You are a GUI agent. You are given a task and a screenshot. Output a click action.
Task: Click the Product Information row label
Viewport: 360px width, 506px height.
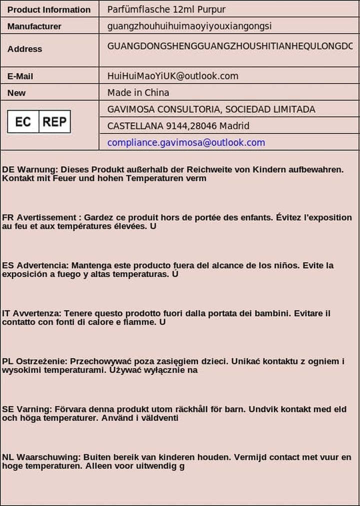click(49, 9)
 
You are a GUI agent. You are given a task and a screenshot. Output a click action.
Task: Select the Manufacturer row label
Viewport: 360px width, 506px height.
click(34, 26)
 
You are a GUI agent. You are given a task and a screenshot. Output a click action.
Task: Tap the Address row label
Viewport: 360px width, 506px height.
click(25, 49)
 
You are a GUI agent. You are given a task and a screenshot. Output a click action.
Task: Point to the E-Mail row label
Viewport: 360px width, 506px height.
click(20, 76)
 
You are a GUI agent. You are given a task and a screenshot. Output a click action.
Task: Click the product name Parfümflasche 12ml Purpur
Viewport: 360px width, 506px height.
click(166, 9)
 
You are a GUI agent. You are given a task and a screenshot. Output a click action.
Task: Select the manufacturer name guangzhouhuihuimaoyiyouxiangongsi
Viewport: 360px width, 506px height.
click(189, 26)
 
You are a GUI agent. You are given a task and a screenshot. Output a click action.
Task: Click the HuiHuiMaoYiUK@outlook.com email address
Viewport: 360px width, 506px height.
click(173, 76)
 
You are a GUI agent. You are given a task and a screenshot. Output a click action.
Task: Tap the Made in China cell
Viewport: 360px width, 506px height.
click(138, 92)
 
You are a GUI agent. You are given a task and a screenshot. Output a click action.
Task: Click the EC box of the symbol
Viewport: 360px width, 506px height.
click(23, 121)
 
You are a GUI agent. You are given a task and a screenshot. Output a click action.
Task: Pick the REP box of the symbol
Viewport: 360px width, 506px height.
click(54, 121)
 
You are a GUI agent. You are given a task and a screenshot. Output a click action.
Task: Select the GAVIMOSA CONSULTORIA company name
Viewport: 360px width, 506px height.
click(211, 109)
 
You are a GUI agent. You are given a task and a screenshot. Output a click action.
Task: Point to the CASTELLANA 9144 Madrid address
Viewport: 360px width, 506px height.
click(178, 126)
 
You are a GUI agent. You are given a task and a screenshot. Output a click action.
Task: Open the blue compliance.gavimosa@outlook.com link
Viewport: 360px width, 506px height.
click(186, 142)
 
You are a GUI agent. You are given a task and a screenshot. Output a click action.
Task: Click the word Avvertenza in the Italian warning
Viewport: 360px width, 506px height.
click(36, 314)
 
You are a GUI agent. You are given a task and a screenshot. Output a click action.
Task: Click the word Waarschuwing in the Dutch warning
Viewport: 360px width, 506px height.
click(48, 458)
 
